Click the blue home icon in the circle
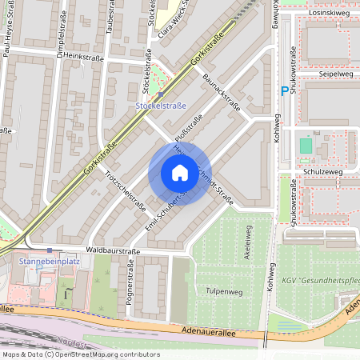(x=179, y=173)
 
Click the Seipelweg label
(x=336, y=75)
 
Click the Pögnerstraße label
(x=128, y=284)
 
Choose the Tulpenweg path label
(x=224, y=291)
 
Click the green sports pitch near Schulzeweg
(x=306, y=146)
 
